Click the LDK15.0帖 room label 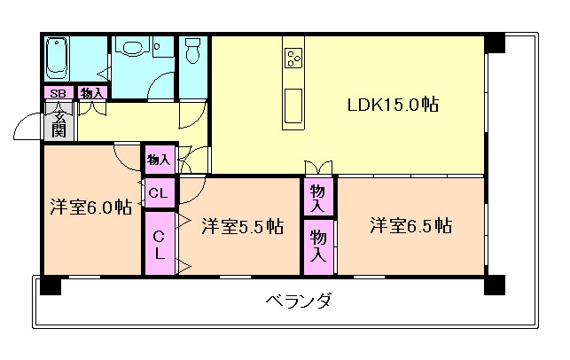[x=393, y=105]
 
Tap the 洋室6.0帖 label [x=90, y=207]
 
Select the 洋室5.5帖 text [x=241, y=226]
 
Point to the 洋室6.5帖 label [x=410, y=224]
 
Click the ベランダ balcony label [x=299, y=301]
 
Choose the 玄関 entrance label [x=58, y=121]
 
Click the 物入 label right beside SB [x=90, y=93]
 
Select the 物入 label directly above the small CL [x=160, y=160]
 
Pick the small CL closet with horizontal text [x=160, y=192]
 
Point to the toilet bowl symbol [x=191, y=52]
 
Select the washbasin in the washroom [x=135, y=49]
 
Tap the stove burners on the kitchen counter [x=293, y=59]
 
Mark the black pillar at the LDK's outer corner [x=494, y=43]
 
